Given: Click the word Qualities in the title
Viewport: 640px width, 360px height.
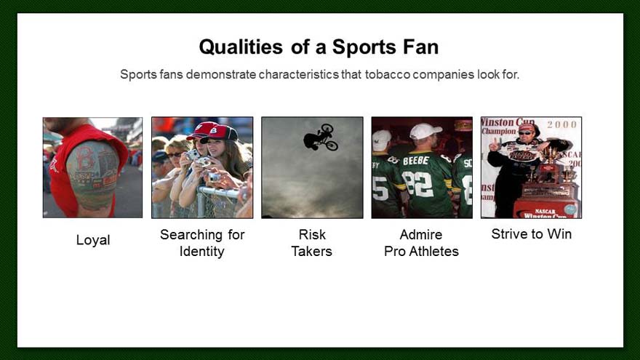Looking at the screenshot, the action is (x=241, y=47).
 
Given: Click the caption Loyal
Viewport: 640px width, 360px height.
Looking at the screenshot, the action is (x=93, y=240).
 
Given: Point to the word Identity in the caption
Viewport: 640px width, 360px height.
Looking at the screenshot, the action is (x=201, y=251).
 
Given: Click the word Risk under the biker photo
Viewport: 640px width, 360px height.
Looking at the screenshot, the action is (x=312, y=235).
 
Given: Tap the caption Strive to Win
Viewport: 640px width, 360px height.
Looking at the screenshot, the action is (x=532, y=234).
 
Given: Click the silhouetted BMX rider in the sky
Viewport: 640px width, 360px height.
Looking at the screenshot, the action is (x=321, y=137).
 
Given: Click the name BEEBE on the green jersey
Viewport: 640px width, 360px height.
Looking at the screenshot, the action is (x=416, y=161).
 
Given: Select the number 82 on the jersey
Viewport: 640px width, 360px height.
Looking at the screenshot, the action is (x=417, y=183).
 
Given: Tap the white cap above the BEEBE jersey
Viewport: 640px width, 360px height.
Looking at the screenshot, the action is (x=425, y=131).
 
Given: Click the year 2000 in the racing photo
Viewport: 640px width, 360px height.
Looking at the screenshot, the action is (x=562, y=124).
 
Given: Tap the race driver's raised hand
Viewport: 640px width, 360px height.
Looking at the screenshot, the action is (x=495, y=145).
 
